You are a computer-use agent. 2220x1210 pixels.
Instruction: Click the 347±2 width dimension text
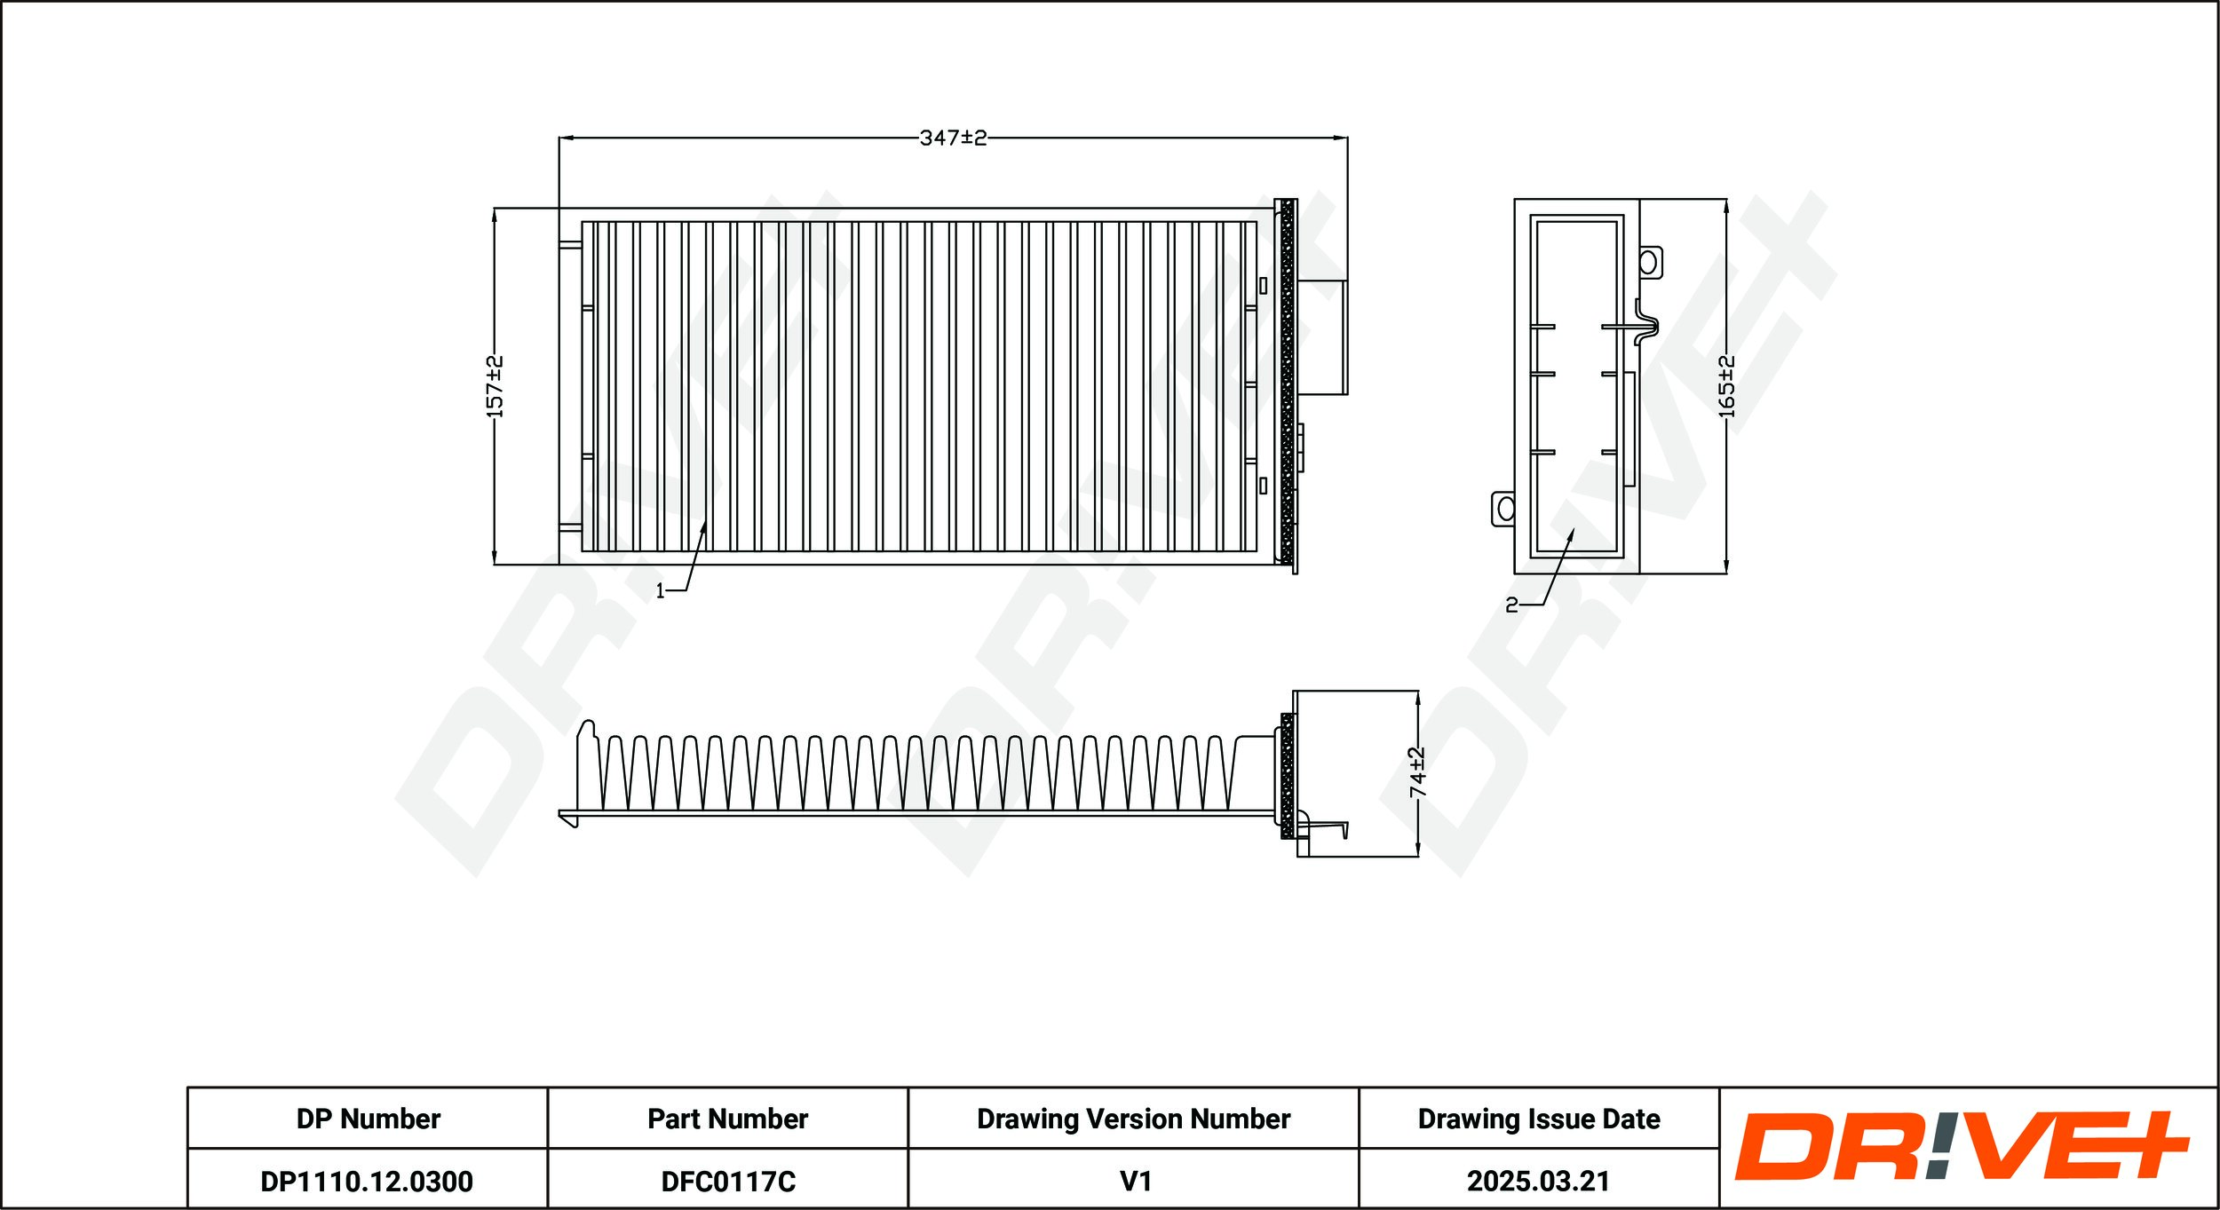[x=953, y=138]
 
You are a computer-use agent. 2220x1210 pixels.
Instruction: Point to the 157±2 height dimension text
[x=495, y=387]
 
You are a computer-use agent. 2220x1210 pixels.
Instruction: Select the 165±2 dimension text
[x=1726, y=387]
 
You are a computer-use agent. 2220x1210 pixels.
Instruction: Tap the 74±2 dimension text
[x=1417, y=772]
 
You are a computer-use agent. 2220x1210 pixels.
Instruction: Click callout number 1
[x=660, y=591]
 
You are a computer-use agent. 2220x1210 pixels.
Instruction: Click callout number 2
[x=1511, y=605]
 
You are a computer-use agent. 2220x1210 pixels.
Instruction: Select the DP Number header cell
[x=368, y=1119]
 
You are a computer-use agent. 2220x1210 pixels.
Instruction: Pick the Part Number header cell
[x=727, y=1119]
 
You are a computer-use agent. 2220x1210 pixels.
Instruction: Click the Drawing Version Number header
[x=1133, y=1119]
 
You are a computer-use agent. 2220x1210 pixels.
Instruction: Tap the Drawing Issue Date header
[x=1539, y=1119]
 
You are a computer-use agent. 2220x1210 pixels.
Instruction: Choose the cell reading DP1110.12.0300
[x=367, y=1182]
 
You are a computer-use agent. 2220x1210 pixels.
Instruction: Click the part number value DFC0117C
[x=728, y=1182]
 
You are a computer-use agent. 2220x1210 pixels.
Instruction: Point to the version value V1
[x=1136, y=1182]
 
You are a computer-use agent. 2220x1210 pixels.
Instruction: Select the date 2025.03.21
[x=1539, y=1182]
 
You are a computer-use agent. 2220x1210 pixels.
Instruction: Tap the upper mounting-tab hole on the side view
[x=1648, y=262]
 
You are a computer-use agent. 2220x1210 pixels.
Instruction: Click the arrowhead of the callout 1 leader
[x=704, y=527]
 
